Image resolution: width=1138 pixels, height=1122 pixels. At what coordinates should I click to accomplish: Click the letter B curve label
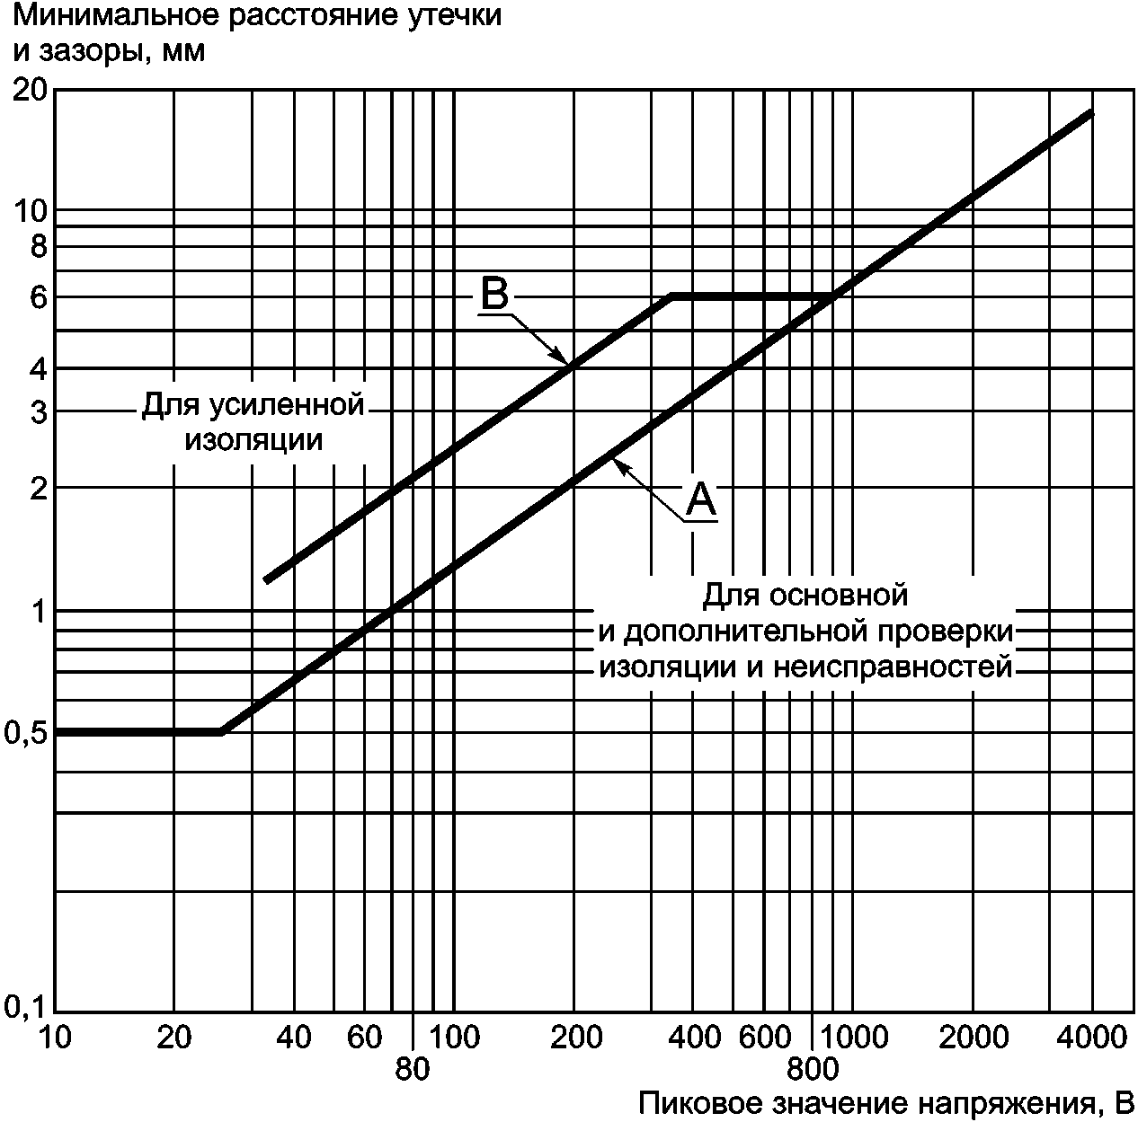(x=494, y=294)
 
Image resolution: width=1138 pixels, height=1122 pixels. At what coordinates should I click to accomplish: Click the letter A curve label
(x=701, y=499)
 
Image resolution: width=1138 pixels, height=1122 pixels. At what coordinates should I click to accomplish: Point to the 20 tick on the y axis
(x=31, y=89)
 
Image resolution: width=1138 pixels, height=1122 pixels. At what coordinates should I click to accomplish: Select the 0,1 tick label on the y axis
(x=26, y=1009)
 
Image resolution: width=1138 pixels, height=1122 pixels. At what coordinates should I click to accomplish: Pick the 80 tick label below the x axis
(x=413, y=1069)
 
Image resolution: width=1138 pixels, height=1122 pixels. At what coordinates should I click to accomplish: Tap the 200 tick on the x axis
(x=575, y=1038)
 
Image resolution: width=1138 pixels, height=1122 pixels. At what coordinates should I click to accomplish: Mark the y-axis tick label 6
(x=38, y=298)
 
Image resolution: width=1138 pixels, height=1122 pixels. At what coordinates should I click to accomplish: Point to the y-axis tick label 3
(x=38, y=411)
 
